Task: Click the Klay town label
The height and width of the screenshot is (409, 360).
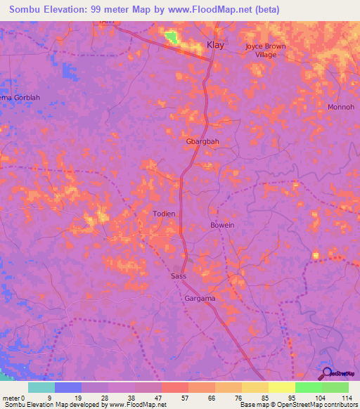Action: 215,46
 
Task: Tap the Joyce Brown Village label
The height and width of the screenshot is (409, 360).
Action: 266,50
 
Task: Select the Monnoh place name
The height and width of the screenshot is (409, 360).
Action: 341,108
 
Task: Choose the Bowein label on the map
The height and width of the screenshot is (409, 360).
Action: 222,225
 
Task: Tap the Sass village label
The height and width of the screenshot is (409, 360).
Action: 179,277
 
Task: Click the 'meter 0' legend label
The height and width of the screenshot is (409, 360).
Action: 13,397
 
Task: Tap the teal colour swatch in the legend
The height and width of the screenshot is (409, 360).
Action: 41,387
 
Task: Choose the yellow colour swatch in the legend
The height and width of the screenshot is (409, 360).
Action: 282,387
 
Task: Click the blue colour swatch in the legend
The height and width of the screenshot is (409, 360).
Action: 68,387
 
